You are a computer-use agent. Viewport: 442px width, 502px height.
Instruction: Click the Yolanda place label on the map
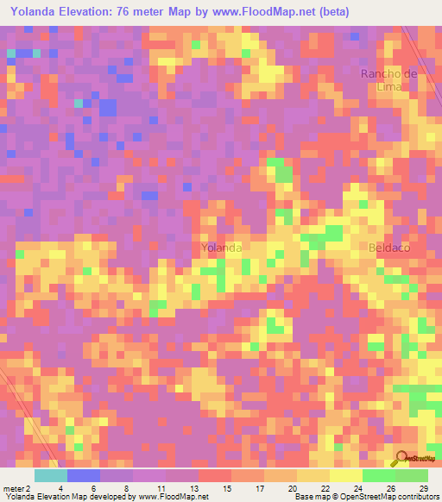[220, 248]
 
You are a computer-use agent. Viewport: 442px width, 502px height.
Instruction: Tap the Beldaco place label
[388, 248]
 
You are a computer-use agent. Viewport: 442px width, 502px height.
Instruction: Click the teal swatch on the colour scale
[51, 475]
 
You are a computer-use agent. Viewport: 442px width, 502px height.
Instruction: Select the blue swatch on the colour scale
[84, 475]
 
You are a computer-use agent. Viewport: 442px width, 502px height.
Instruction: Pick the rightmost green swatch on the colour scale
[412, 475]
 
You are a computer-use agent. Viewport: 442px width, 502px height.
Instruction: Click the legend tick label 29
[423, 488]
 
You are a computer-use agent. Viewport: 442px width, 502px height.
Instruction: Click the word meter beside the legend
[15, 488]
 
